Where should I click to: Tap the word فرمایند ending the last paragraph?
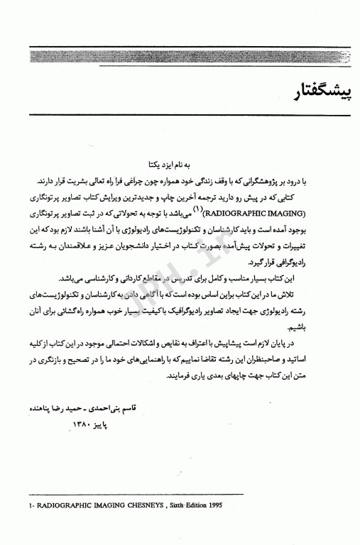point(151,391)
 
